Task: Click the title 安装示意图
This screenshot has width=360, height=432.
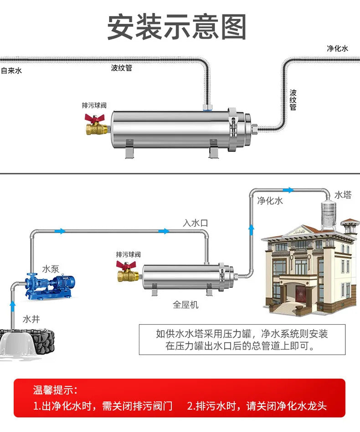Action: point(177,27)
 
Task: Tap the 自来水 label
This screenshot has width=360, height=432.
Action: point(11,71)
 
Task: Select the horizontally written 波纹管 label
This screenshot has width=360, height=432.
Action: point(122,68)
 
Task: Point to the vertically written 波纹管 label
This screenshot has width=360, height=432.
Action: point(293,100)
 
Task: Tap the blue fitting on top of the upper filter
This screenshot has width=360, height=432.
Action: point(207,108)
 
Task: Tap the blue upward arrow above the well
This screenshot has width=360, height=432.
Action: point(13,303)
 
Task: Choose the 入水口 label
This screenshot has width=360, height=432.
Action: point(195,223)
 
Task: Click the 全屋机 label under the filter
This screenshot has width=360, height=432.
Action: point(185,304)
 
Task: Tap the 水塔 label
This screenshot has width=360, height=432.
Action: point(343,195)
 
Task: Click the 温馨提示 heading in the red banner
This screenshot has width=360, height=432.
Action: point(55,390)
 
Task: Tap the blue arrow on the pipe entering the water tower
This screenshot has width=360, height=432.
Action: point(288,190)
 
